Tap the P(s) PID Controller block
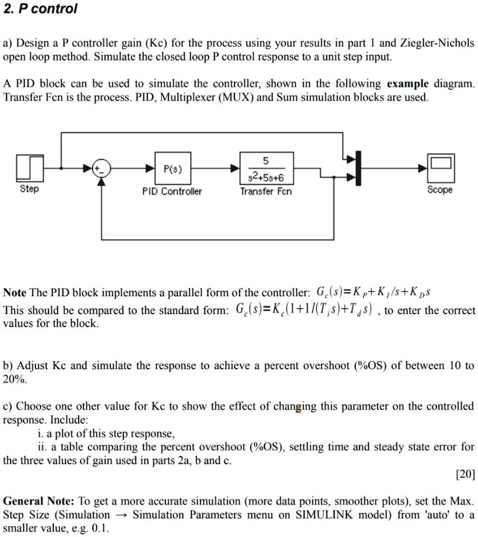[172, 168]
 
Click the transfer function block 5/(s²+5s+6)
[266, 168]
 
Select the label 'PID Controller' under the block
[172, 192]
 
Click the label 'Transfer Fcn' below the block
[266, 192]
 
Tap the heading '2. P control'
[40, 10]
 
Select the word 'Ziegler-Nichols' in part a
[437, 43]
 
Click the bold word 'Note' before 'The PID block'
[15, 293]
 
